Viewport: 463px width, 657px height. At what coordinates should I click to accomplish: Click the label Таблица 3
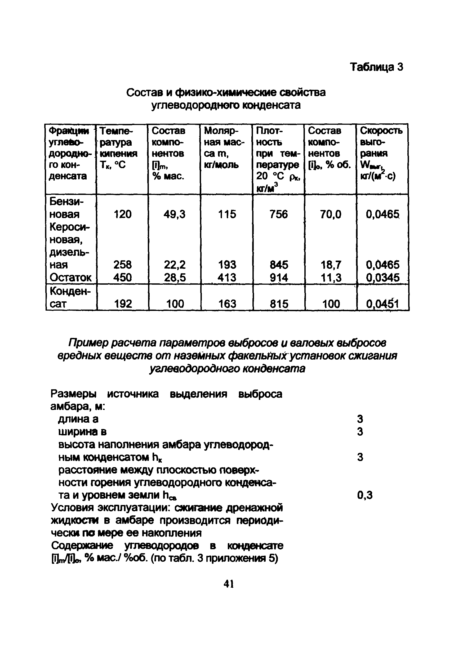[x=377, y=67]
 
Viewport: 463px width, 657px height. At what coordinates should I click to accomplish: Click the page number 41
[x=229, y=584]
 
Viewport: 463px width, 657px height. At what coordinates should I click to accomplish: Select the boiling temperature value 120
[x=122, y=214]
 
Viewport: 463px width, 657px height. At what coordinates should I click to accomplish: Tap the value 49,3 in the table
[x=174, y=214]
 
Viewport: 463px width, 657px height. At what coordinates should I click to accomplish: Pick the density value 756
[x=278, y=214]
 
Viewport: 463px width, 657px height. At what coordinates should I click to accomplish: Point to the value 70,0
[x=331, y=214]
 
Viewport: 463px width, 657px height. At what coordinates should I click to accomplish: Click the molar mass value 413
[x=227, y=277]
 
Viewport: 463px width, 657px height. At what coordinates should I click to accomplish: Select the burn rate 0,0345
[x=382, y=277]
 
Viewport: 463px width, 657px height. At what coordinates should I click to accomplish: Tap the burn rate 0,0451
[x=382, y=303]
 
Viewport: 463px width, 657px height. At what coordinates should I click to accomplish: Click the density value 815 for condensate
[x=279, y=303]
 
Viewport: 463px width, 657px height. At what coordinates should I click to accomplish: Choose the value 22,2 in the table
[x=175, y=265]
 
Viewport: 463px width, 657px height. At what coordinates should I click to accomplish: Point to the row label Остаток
[x=70, y=277]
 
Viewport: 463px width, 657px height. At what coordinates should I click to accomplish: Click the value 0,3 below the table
[x=365, y=495]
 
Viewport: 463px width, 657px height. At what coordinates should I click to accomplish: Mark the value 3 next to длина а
[x=360, y=419]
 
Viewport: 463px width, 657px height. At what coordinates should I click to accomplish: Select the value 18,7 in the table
[x=331, y=265]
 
